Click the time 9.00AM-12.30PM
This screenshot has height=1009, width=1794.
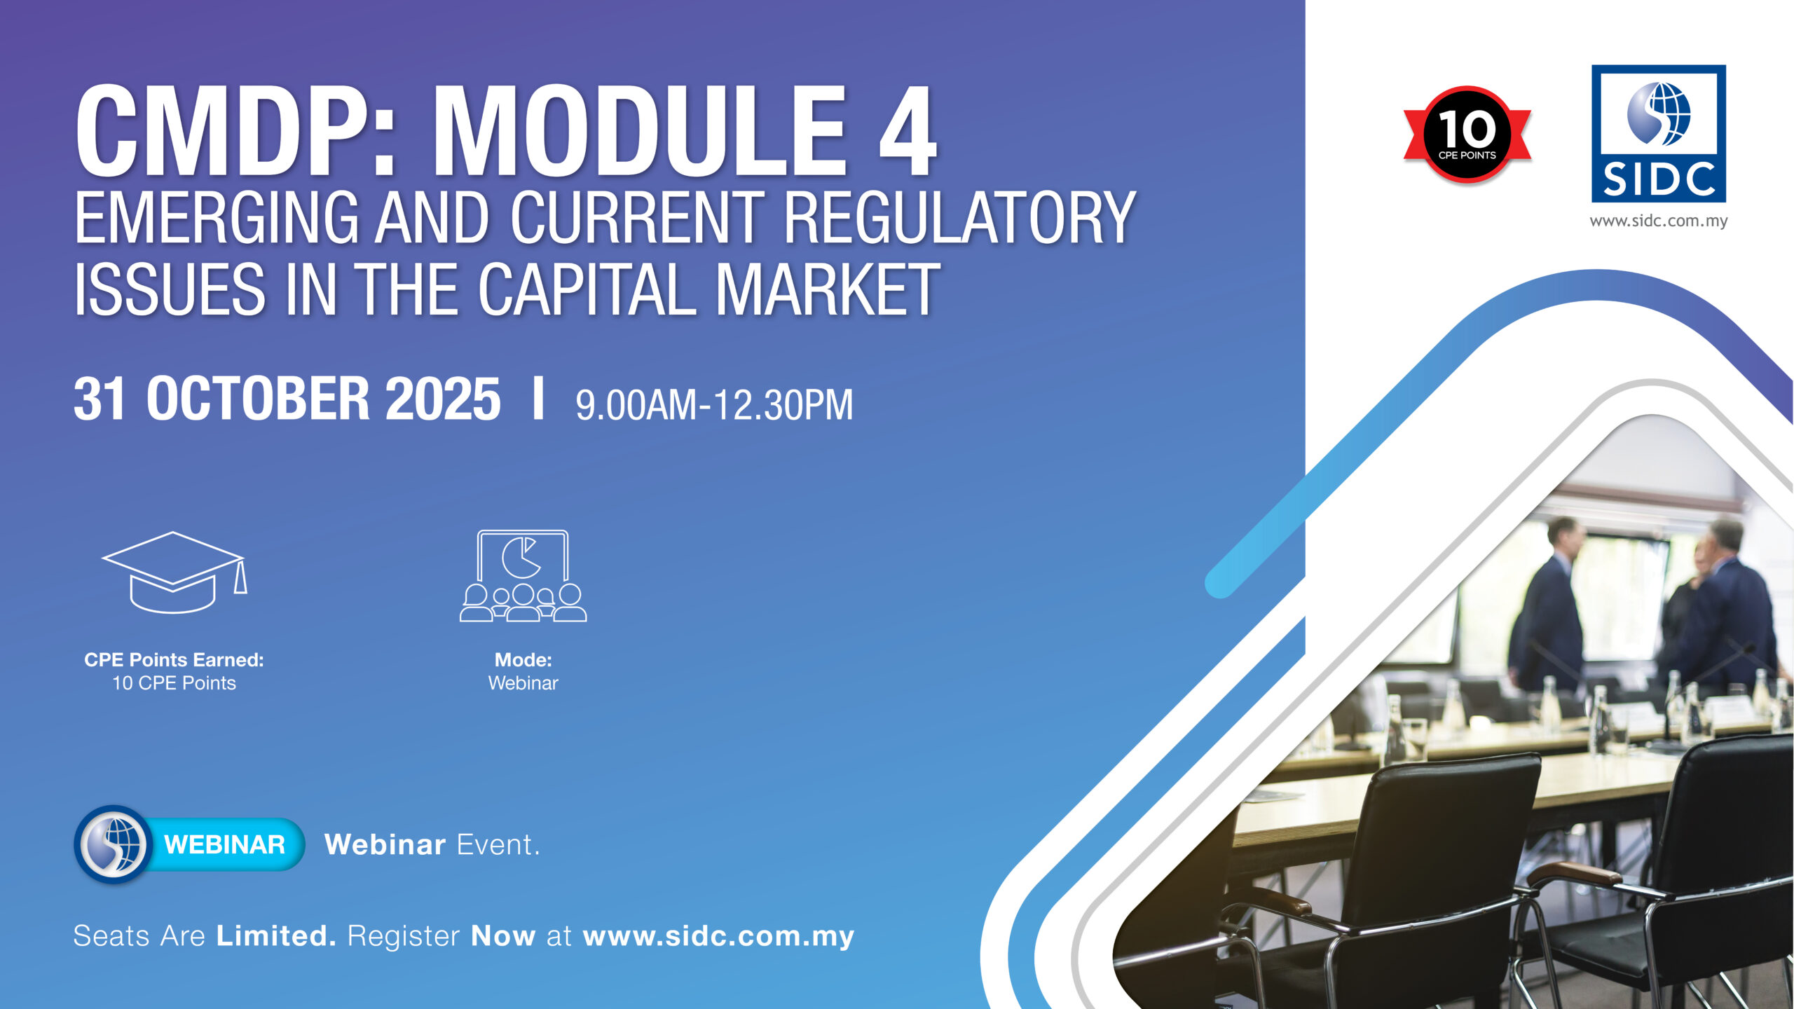click(x=714, y=405)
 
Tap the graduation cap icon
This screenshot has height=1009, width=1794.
click(x=174, y=572)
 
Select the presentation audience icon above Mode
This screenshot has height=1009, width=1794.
click(x=523, y=576)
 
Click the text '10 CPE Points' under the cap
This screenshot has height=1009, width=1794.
click(x=174, y=683)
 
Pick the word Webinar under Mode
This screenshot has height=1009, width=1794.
click(x=523, y=683)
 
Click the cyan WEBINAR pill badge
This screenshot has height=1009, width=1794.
click(x=224, y=844)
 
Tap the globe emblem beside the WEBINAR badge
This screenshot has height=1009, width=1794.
click(x=113, y=844)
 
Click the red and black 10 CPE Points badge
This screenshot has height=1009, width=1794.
click(x=1467, y=135)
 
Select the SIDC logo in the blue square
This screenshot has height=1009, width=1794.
click(x=1659, y=134)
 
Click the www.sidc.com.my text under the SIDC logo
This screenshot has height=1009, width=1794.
click(x=1659, y=221)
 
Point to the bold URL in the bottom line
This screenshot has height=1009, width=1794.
click(x=719, y=937)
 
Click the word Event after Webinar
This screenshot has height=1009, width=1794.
click(x=499, y=845)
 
